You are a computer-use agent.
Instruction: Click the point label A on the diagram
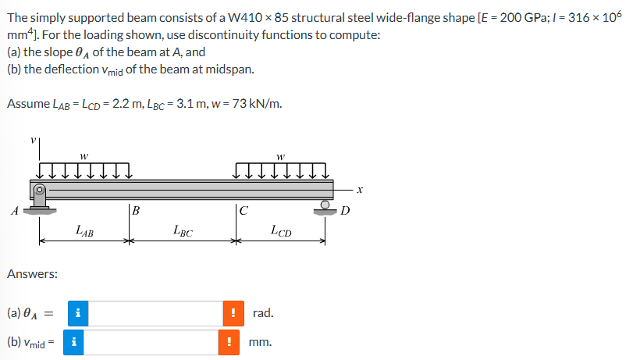click(12, 209)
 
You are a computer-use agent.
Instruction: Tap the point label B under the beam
click(136, 209)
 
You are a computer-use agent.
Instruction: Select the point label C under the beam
click(244, 209)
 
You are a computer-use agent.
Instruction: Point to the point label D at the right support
click(346, 209)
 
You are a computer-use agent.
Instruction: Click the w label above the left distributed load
click(84, 154)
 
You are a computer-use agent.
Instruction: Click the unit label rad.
click(263, 313)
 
